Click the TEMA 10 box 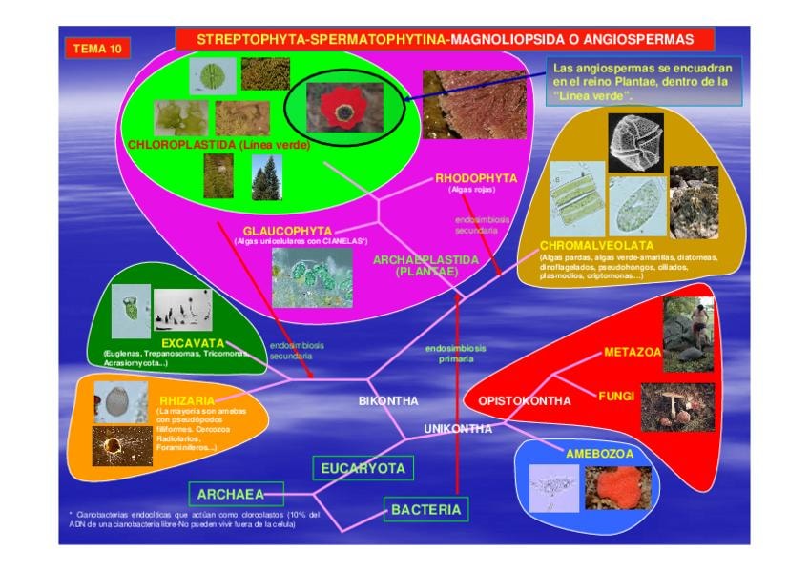pos(96,49)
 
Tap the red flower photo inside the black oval pos(337,109)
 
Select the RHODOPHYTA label pos(476,178)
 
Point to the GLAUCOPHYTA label pos(287,231)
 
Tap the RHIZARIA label pos(186,401)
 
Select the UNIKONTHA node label pos(458,428)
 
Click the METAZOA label pos(632,352)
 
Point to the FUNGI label pos(616,395)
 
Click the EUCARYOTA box pos(363,467)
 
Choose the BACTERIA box pos(426,510)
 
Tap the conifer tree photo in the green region pos(266,177)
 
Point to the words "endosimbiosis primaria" pos(456,354)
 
